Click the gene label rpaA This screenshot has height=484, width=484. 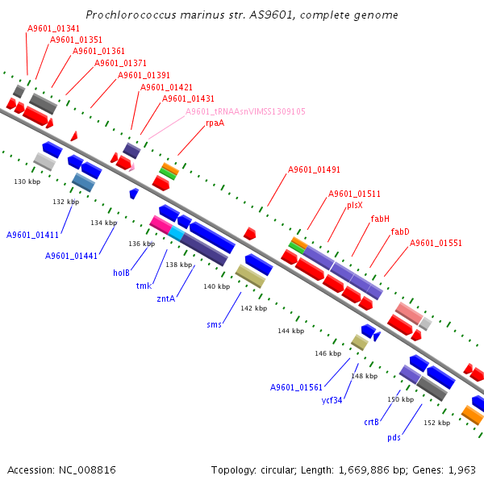215,123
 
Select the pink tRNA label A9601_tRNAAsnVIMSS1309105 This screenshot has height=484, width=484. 245,111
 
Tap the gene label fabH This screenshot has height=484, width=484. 380,219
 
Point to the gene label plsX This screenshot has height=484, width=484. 355,206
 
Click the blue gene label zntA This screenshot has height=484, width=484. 165,298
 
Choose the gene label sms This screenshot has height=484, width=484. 215,325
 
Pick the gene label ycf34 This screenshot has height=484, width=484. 332,400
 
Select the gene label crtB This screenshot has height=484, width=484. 371,422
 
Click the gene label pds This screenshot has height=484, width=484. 394,438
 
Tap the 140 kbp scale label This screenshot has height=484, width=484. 217,286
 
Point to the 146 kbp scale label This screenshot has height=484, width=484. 328,353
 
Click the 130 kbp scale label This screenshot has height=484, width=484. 27,181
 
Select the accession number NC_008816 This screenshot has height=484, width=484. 87,470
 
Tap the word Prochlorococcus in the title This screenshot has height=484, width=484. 131,15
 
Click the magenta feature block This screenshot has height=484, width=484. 161,225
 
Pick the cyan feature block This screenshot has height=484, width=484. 177,233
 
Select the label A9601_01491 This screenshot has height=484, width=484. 314,169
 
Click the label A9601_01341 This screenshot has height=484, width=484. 53,28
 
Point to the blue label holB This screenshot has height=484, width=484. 121,273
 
